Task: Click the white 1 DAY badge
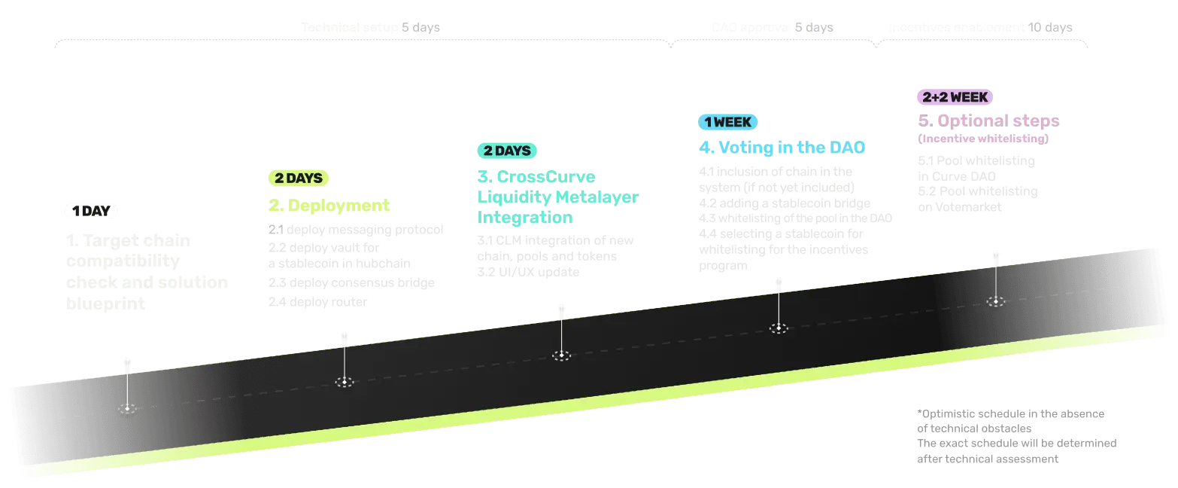90,212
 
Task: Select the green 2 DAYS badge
298,178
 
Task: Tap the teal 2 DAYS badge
507,151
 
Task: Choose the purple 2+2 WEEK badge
955,97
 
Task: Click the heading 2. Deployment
329,206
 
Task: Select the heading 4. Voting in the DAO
782,148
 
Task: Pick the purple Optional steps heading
992,120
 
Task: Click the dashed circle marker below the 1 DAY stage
127,408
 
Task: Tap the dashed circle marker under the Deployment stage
344,382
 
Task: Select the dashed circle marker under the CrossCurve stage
560,355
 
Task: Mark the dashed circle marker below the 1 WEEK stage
778,328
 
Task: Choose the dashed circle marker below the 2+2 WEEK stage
996,301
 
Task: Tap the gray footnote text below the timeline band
1016,436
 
